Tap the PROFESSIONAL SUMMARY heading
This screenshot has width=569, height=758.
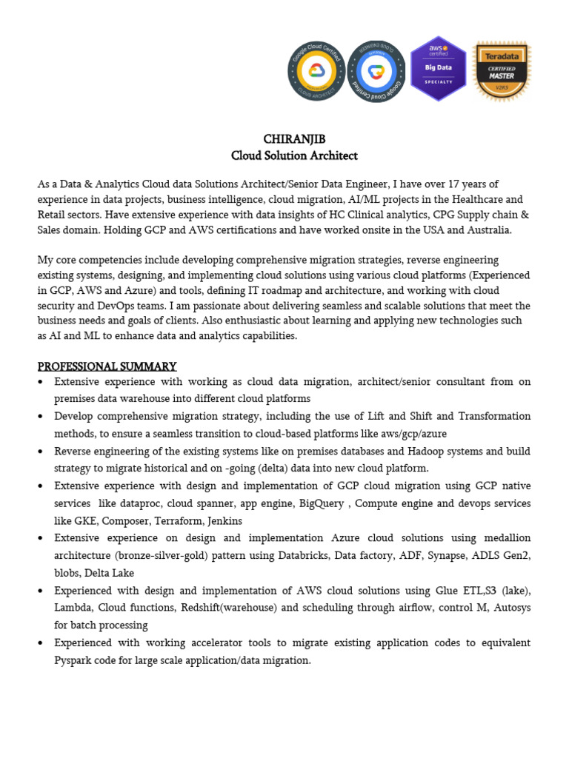(107, 366)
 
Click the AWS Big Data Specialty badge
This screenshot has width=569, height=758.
(439, 68)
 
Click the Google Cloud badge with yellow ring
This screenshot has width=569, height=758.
(316, 70)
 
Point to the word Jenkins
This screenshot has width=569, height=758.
(225, 520)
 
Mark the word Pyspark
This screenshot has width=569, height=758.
(76, 660)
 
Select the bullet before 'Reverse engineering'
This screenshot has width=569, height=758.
(41, 452)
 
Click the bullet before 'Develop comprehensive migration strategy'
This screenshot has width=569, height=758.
(41, 417)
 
